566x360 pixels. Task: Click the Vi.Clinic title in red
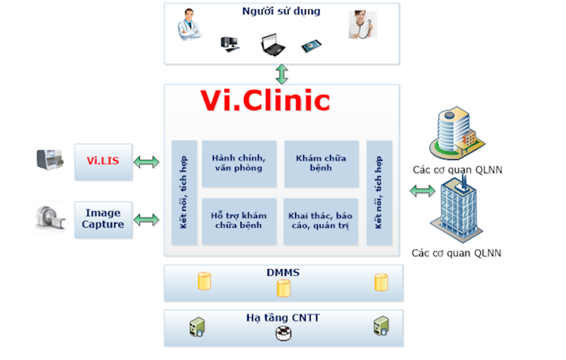(x=265, y=101)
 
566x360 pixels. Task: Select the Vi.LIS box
(x=103, y=161)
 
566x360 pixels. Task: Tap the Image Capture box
(x=103, y=219)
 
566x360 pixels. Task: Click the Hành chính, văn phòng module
(x=239, y=163)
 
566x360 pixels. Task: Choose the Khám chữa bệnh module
(x=321, y=163)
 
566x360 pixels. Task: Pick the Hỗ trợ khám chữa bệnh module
(x=239, y=221)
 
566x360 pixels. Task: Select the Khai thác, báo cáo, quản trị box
(x=321, y=221)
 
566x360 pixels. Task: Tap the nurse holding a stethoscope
(x=362, y=25)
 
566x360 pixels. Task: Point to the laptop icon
(x=273, y=45)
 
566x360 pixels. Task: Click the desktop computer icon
(x=229, y=44)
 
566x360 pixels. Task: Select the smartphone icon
(x=311, y=45)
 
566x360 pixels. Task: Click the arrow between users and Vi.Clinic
(x=282, y=74)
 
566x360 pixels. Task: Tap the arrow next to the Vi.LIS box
(x=146, y=162)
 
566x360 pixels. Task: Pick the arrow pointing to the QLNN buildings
(x=422, y=191)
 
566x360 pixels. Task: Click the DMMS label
(x=283, y=272)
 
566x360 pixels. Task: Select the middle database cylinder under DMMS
(x=284, y=288)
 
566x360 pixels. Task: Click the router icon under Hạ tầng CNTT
(x=283, y=333)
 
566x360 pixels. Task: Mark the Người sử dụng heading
(x=281, y=11)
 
